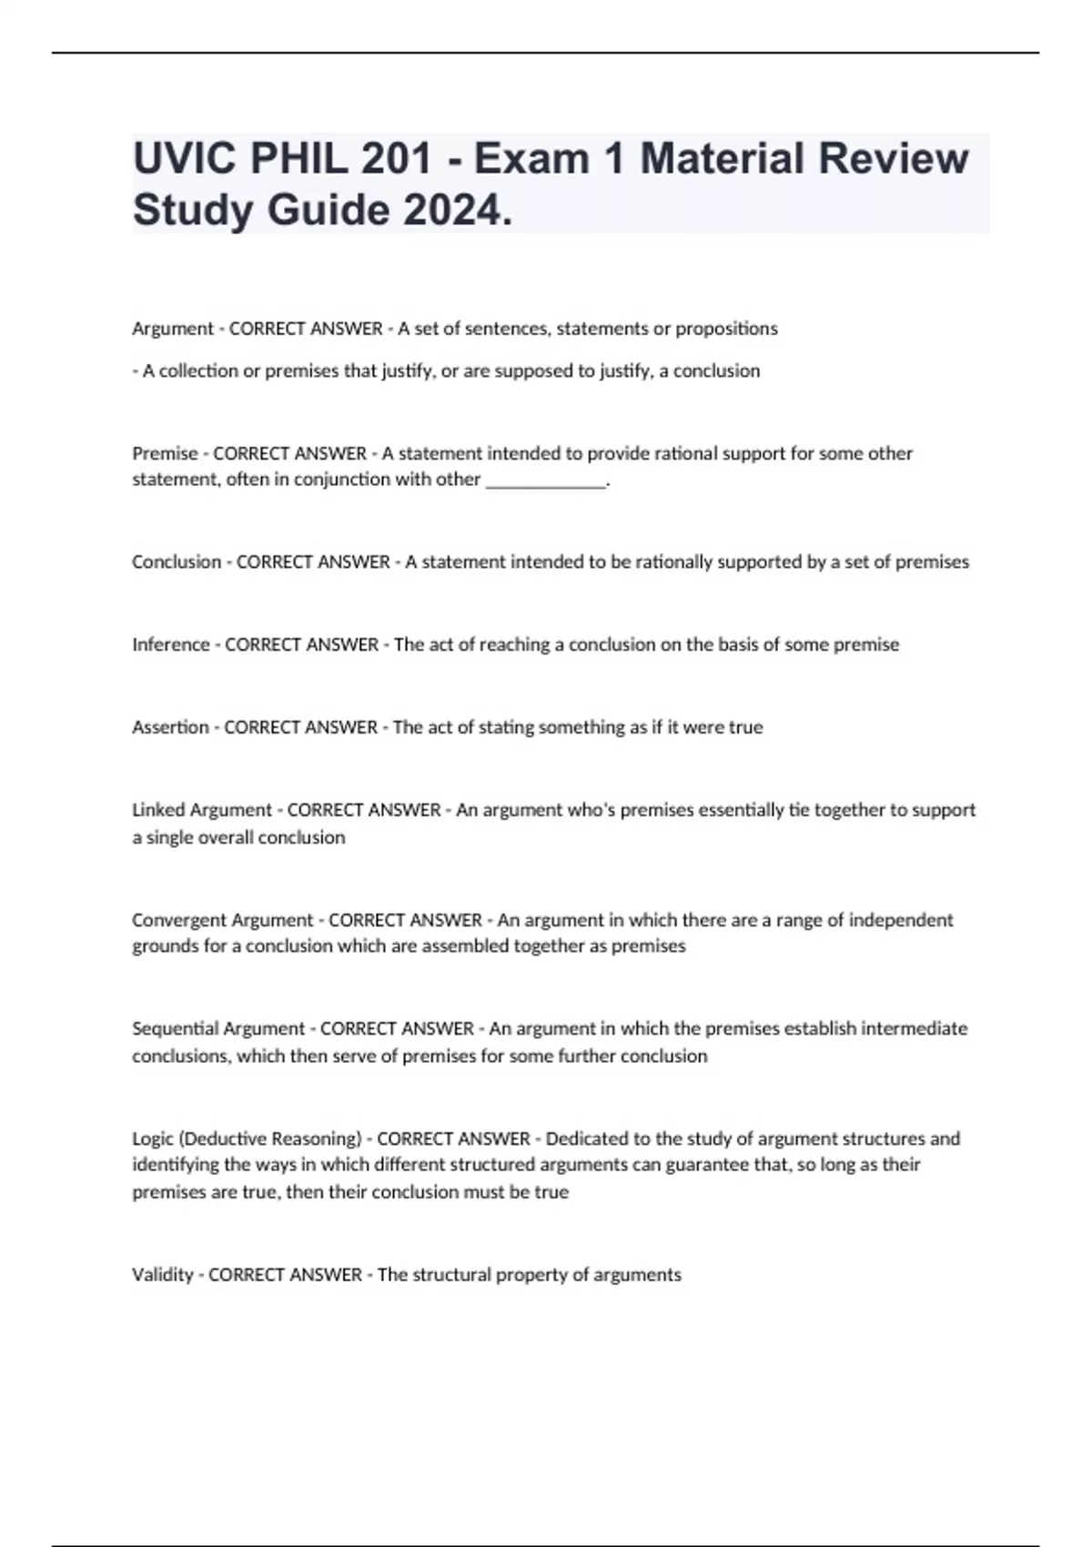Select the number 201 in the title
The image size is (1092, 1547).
396,159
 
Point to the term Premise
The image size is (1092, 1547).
165,453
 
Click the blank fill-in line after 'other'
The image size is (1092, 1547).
546,481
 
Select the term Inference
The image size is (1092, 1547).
171,644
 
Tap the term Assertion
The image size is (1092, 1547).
170,727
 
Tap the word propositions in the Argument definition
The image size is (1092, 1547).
726,329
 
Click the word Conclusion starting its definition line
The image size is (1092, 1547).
177,562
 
